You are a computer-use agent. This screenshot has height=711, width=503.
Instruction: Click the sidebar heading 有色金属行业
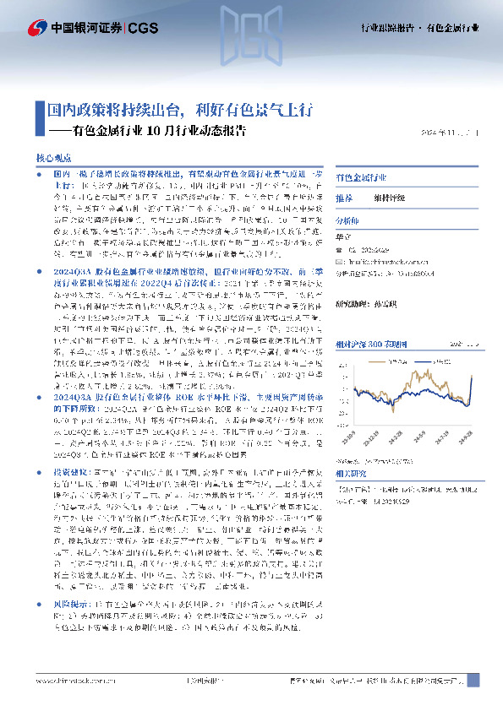(361, 178)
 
